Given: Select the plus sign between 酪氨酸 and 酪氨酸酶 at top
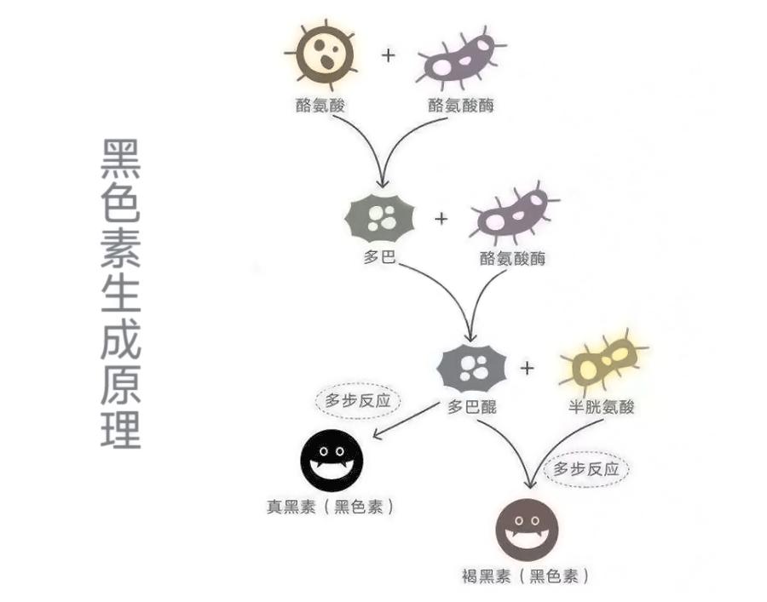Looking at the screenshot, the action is pyautogui.click(x=389, y=56).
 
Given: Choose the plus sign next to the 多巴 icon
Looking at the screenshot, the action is pyautogui.click(x=441, y=218).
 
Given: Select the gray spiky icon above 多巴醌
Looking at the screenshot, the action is pyautogui.click(x=471, y=368).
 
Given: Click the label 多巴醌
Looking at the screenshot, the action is pyautogui.click(x=472, y=407).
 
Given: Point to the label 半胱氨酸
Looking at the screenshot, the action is pyautogui.click(x=602, y=407).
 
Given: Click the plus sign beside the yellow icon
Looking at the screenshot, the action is pyautogui.click(x=528, y=368).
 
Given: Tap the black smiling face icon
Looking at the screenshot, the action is pyautogui.click(x=332, y=461).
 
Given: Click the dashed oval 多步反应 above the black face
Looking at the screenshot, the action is pyautogui.click(x=358, y=401).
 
